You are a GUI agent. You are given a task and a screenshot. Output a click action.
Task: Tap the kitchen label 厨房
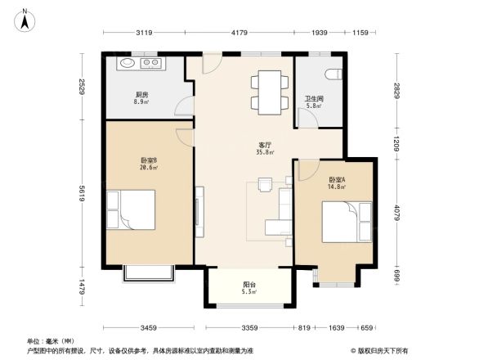pyautogui.click(x=141, y=94)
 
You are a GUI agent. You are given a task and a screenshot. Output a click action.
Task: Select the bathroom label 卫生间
pyautogui.click(x=315, y=97)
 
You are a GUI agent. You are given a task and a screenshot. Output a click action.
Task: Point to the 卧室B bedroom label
pyautogui.click(x=149, y=160)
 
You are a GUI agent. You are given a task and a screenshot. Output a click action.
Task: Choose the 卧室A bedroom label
pyautogui.click(x=337, y=179)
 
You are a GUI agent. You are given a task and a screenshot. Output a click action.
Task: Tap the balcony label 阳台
pyautogui.click(x=250, y=285)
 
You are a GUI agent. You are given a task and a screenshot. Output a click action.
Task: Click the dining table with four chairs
pyautogui.click(x=269, y=89)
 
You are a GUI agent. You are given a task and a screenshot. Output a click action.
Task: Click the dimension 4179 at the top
pyautogui.click(x=239, y=33)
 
